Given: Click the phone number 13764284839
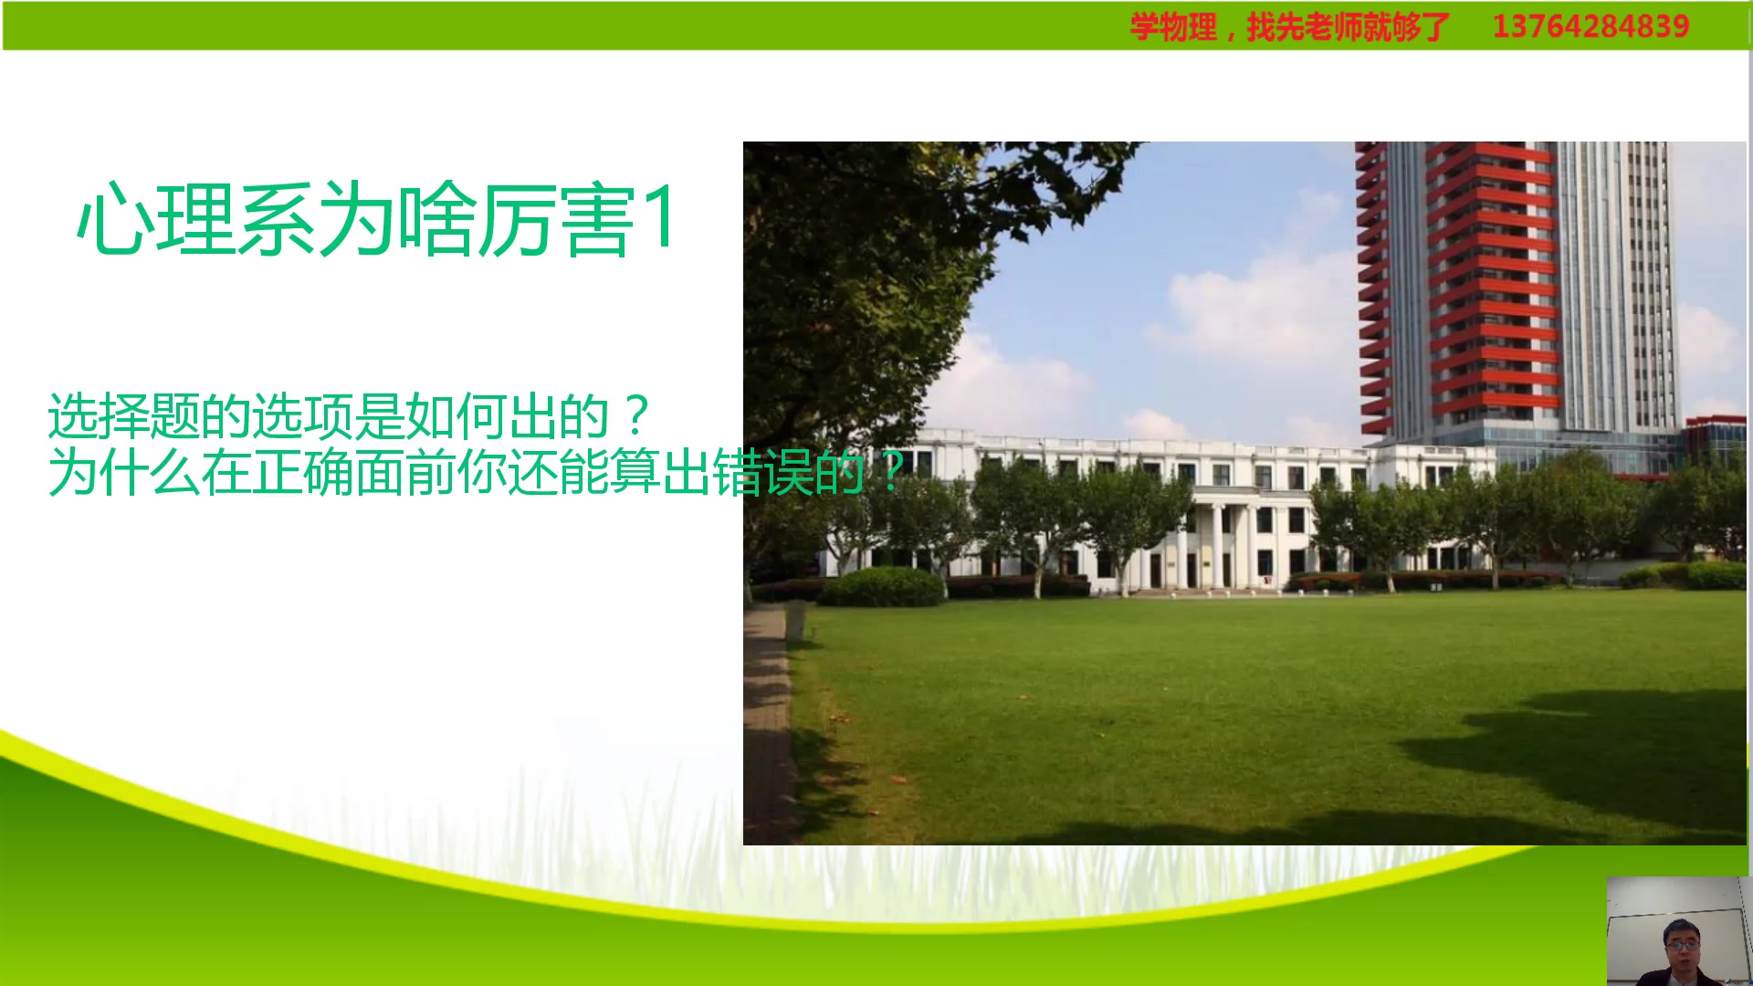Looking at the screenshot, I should coord(1590,26).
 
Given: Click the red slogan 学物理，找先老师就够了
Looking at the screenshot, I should coord(1289,26).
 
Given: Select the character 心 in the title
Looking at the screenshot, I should coord(113,219).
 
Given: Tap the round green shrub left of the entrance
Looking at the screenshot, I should coord(881,586).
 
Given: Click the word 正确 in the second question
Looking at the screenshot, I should coord(301,472).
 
